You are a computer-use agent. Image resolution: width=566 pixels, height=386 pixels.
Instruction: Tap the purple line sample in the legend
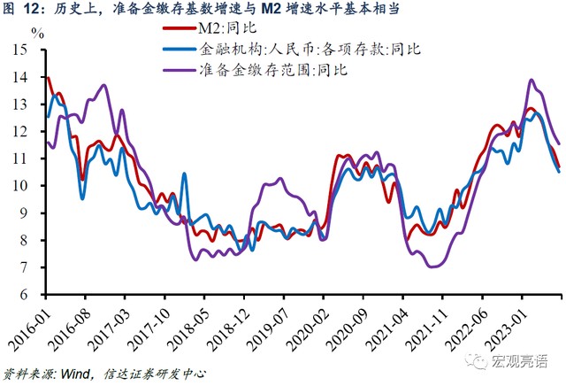[180, 68]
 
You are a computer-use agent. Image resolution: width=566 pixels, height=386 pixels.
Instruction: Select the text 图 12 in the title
[26, 10]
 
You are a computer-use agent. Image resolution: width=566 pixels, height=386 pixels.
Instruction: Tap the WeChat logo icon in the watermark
[478, 360]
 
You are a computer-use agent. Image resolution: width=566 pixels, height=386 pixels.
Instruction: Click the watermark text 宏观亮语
[522, 361]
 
